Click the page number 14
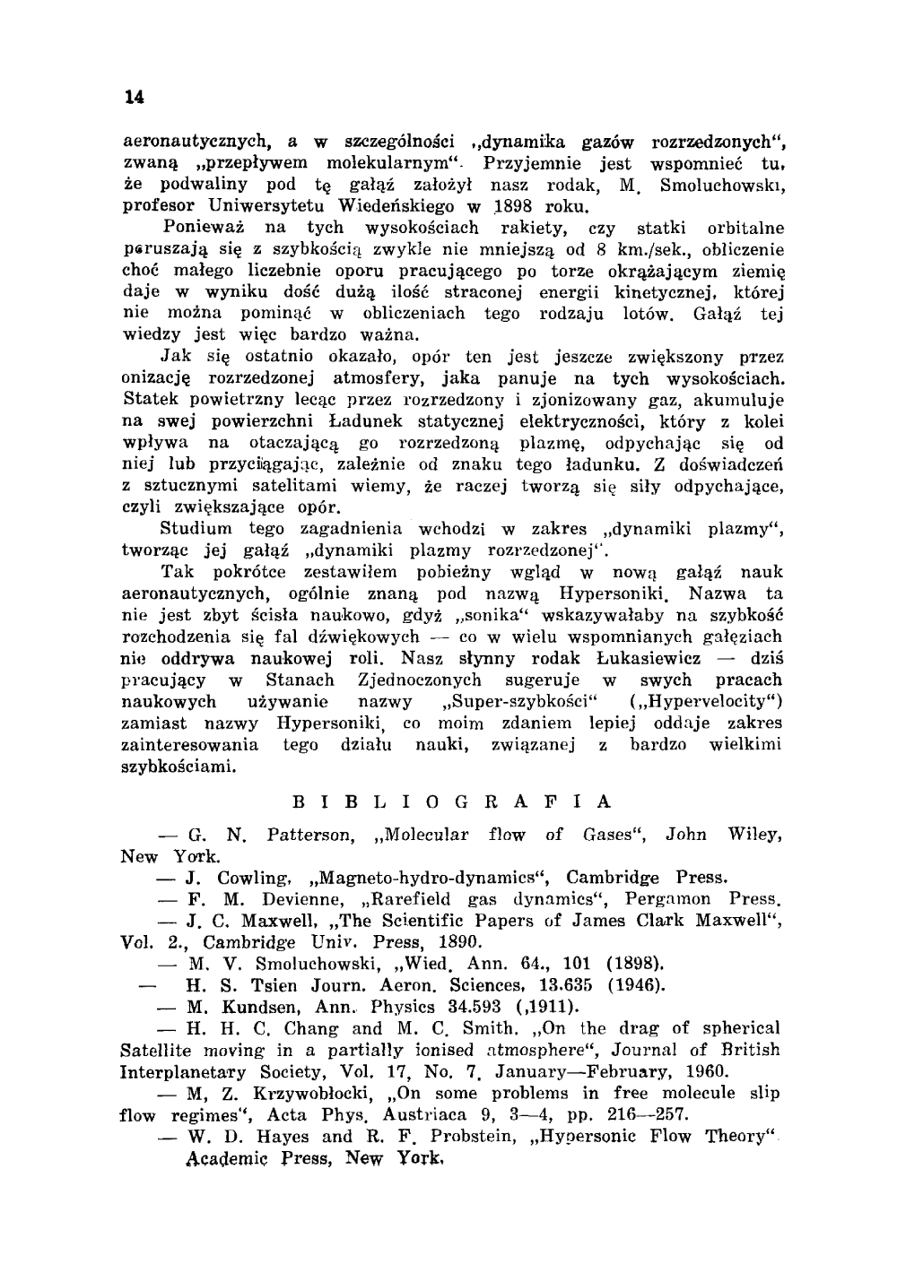pos(135,98)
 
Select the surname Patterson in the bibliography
pos(310,835)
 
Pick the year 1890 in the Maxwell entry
pos(460,942)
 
